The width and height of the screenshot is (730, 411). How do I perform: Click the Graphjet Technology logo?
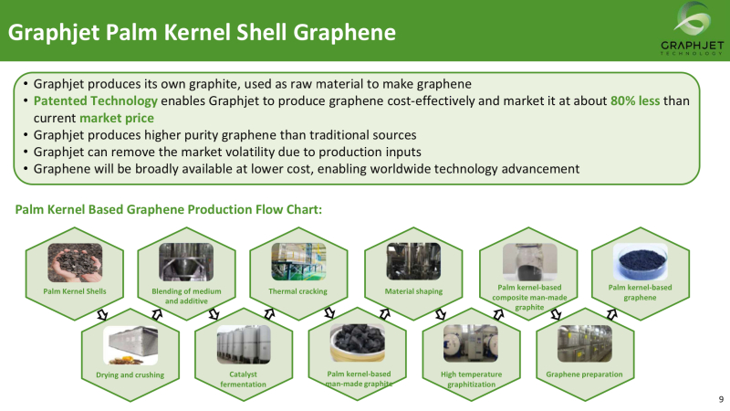pyautogui.click(x=693, y=29)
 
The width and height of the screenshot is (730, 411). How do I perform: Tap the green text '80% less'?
pyautogui.click(x=635, y=100)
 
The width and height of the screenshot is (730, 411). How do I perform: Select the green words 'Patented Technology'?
pyautogui.click(x=96, y=101)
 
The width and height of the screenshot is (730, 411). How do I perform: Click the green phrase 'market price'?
pyautogui.click(x=117, y=118)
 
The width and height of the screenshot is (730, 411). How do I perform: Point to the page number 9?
pyautogui.click(x=721, y=399)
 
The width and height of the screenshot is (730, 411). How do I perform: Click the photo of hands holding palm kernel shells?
pyautogui.click(x=75, y=262)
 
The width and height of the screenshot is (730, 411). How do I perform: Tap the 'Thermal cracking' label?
pyautogui.click(x=298, y=291)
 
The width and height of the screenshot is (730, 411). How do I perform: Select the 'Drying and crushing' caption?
pyautogui.click(x=130, y=375)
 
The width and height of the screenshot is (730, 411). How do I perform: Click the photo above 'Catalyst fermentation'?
pyautogui.click(x=244, y=345)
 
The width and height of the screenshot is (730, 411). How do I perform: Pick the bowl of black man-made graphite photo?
pyautogui.click(x=358, y=343)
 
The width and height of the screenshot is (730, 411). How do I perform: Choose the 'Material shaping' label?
pyautogui.click(x=413, y=291)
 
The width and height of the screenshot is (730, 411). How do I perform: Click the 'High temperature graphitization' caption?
pyautogui.click(x=471, y=379)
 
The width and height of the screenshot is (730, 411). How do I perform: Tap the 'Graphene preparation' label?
pyautogui.click(x=584, y=374)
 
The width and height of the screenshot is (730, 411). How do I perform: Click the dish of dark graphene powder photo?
pyautogui.click(x=641, y=262)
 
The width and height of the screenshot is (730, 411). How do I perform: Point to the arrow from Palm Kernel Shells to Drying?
pyautogui.click(x=102, y=315)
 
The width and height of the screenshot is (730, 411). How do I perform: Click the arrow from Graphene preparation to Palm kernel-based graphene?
pyautogui.click(x=611, y=314)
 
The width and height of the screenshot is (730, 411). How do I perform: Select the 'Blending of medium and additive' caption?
pyautogui.click(x=186, y=296)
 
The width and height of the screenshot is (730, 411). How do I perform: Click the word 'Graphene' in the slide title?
pyautogui.click(x=345, y=33)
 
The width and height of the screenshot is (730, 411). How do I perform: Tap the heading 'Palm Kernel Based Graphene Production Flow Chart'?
pyautogui.click(x=169, y=210)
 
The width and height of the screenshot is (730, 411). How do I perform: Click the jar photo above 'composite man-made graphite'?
pyautogui.click(x=530, y=262)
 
